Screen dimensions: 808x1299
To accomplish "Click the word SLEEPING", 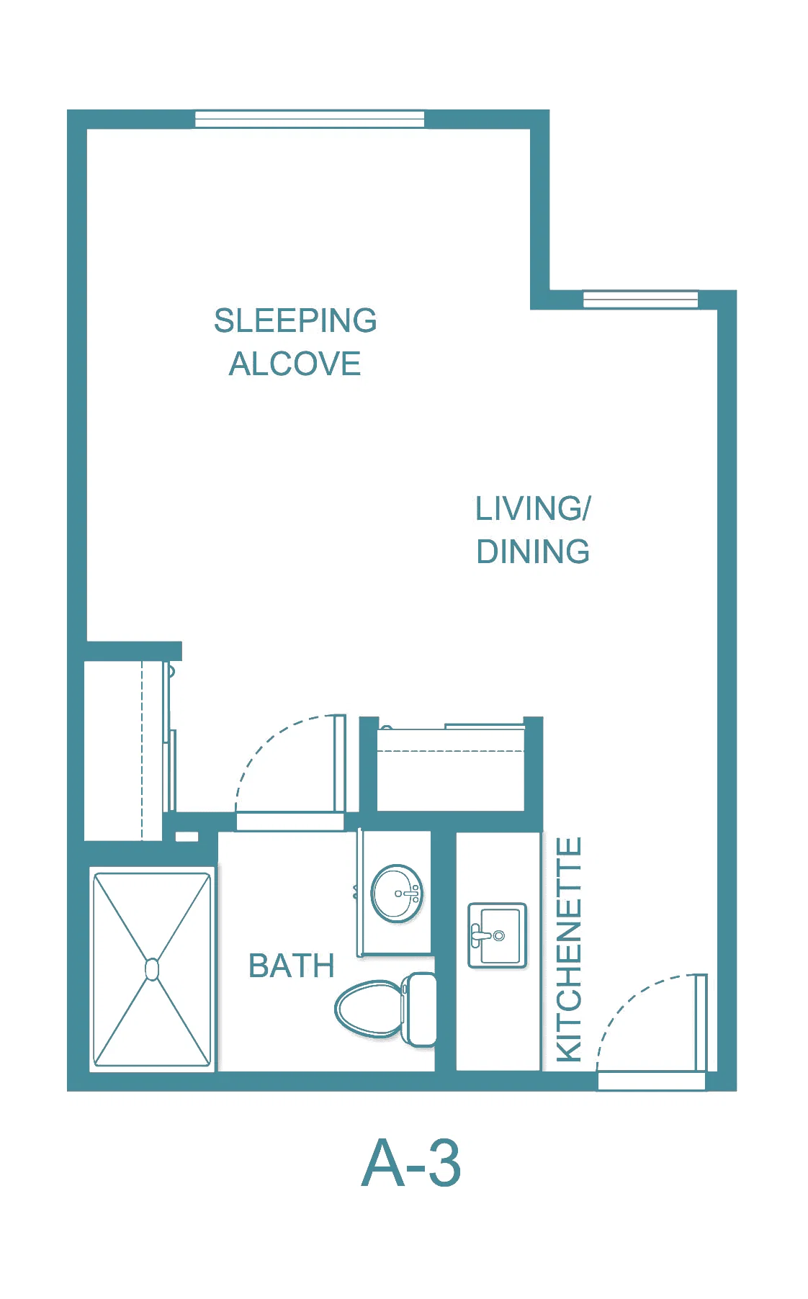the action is click(295, 320).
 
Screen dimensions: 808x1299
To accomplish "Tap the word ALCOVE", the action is click(295, 364).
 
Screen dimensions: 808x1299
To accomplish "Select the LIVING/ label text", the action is click(533, 508).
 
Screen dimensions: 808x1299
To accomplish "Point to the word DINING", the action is click(533, 552).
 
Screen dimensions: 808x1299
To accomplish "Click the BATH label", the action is click(292, 966).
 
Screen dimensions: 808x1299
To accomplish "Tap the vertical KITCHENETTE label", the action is click(569, 949).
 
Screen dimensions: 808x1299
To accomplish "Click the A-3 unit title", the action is click(410, 1163).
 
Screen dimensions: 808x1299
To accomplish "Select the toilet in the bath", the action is click(385, 1009).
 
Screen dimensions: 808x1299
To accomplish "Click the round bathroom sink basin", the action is click(396, 894).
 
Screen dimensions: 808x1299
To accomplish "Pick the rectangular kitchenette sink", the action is click(498, 935).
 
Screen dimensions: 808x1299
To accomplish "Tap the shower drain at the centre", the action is click(152, 969).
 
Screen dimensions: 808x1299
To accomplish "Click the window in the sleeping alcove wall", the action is click(310, 119).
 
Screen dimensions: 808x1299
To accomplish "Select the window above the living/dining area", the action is click(640, 299).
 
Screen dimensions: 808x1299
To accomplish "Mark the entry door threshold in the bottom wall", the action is click(652, 1081).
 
